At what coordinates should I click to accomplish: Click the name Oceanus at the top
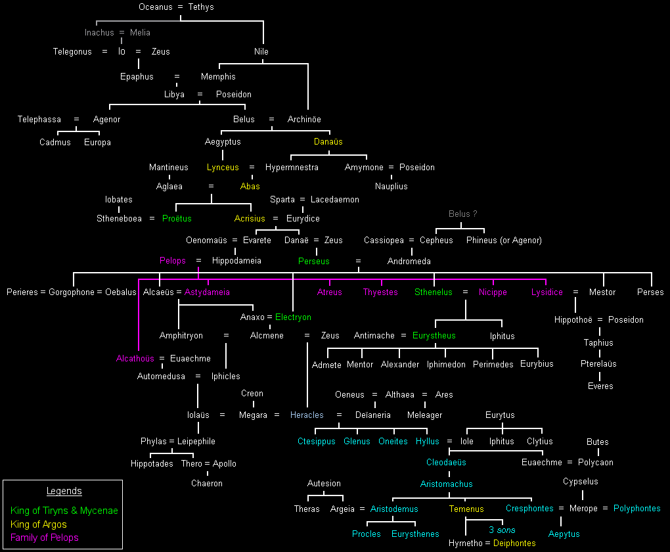pyautogui.click(x=155, y=7)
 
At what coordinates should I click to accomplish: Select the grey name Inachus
pyautogui.click(x=99, y=32)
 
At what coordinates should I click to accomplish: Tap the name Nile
pyautogui.click(x=261, y=51)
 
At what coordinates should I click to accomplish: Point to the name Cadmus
pyautogui.click(x=55, y=142)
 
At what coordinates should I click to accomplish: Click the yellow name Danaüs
pyautogui.click(x=328, y=141)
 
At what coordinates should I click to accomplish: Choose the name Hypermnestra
pyautogui.click(x=292, y=167)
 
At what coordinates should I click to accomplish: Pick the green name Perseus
pyautogui.click(x=314, y=261)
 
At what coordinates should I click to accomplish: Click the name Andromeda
pyautogui.click(x=409, y=261)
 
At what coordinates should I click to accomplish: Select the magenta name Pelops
pyautogui.click(x=173, y=260)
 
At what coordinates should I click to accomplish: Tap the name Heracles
pyautogui.click(x=307, y=415)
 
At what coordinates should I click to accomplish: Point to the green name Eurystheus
pyautogui.click(x=434, y=335)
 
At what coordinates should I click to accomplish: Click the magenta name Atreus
pyautogui.click(x=330, y=292)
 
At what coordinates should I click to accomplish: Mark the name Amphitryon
pyautogui.click(x=181, y=335)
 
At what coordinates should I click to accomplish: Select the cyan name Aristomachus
pyautogui.click(x=447, y=484)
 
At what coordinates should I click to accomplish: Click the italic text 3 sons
pyautogui.click(x=502, y=530)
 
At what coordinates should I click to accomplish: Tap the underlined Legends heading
pyautogui.click(x=64, y=491)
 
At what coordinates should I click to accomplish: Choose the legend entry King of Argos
pyautogui.click(x=39, y=524)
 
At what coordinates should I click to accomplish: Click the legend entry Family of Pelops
pyautogui.click(x=45, y=538)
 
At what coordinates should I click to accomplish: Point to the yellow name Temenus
pyautogui.click(x=466, y=509)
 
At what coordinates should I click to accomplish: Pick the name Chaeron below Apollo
pyautogui.click(x=207, y=483)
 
